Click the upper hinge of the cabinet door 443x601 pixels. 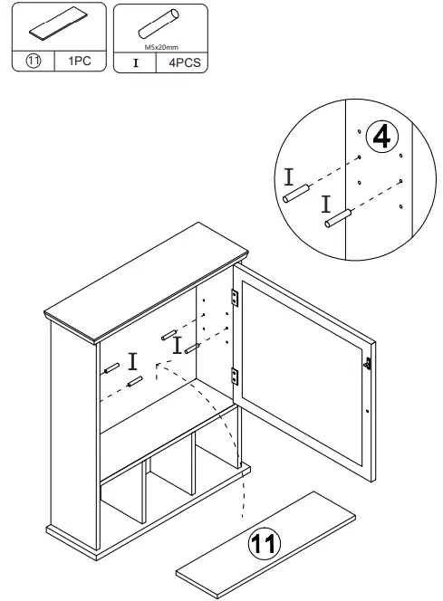(x=236, y=297)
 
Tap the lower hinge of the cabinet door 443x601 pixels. (x=236, y=372)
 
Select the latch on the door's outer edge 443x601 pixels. (x=368, y=363)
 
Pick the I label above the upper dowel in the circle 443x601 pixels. (x=288, y=173)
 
